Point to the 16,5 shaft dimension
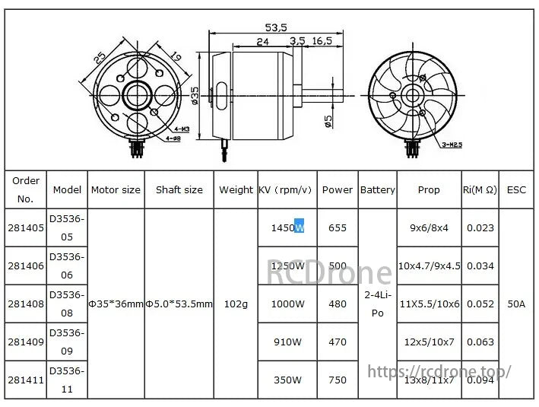pyautogui.click(x=322, y=41)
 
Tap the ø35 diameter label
pyautogui.click(x=195, y=96)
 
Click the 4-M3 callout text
pyautogui.click(x=181, y=129)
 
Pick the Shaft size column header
pyautogui.click(x=179, y=189)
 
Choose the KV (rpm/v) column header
pyautogui.click(x=286, y=189)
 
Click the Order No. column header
pyautogui.click(x=27, y=189)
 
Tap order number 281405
pyautogui.click(x=27, y=227)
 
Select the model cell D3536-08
pyautogui.click(x=67, y=304)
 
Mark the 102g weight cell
pyautogui.click(x=236, y=304)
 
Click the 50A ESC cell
pyautogui.click(x=516, y=304)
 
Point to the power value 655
pyautogui.click(x=337, y=227)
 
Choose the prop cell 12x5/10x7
pyautogui.click(x=429, y=342)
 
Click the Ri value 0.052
pyautogui.click(x=480, y=304)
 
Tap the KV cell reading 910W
pyautogui.click(x=288, y=342)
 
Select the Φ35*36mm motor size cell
pyautogui.click(x=116, y=304)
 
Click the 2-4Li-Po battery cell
pyautogui.click(x=377, y=303)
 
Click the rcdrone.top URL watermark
pyautogui.click(x=439, y=371)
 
